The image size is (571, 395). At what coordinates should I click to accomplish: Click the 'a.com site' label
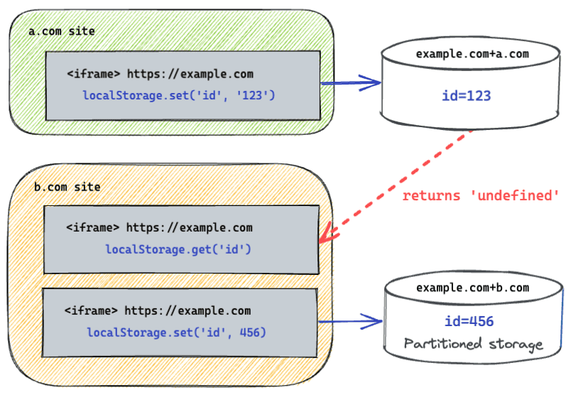click(x=61, y=32)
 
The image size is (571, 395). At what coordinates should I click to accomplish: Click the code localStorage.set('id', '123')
click(x=178, y=94)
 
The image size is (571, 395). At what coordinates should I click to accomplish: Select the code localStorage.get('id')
click(x=178, y=249)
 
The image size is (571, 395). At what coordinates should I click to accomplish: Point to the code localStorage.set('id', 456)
click(x=178, y=332)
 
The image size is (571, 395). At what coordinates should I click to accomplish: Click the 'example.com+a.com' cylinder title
click(x=472, y=54)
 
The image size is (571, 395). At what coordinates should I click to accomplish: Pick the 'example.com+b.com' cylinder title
click(x=472, y=288)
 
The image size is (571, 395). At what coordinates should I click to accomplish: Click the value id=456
click(x=468, y=322)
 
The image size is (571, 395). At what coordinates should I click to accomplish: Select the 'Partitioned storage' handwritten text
click(x=473, y=345)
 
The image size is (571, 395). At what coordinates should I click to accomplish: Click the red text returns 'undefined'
click(x=482, y=195)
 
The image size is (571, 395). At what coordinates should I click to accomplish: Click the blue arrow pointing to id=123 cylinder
click(x=352, y=84)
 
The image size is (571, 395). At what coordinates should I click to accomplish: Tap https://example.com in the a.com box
click(x=190, y=74)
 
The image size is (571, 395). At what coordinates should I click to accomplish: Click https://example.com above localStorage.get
click(x=189, y=228)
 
